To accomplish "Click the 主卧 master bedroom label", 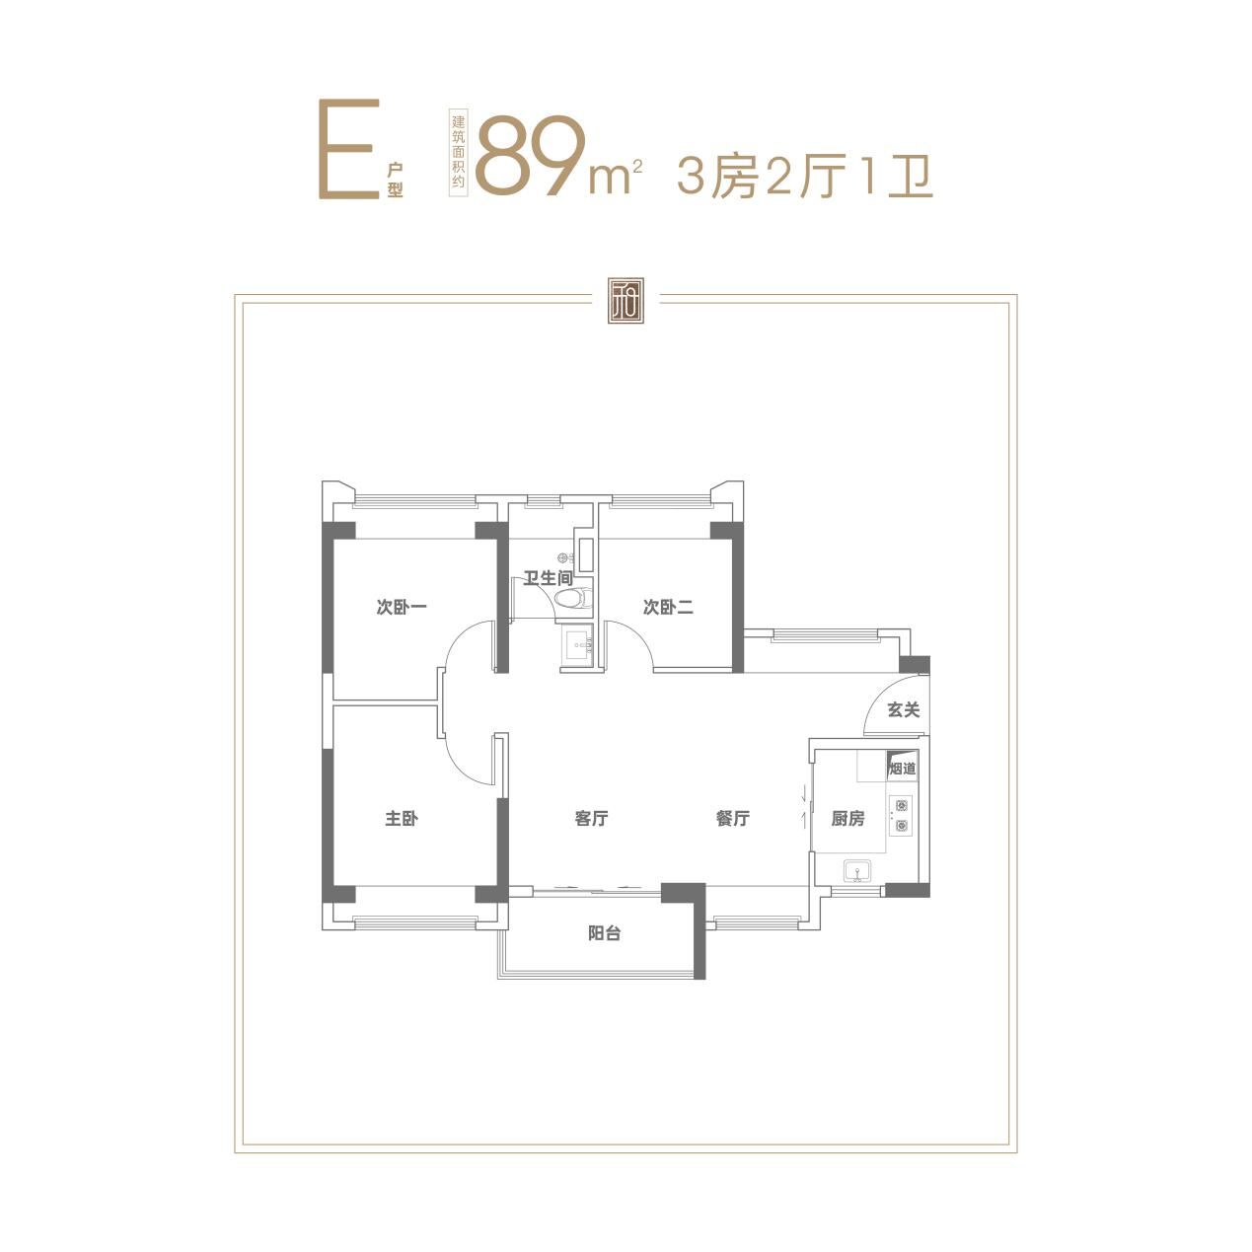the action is (402, 818).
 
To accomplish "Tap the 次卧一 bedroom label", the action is (402, 607).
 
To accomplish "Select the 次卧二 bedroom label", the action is (668, 607).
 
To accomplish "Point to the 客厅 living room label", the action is (591, 818).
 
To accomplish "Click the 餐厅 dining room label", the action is (733, 818).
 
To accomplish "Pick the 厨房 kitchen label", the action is (847, 818).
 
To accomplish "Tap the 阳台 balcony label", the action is (604, 933).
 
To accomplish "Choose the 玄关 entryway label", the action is (904, 710).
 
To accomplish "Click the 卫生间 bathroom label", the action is (549, 577).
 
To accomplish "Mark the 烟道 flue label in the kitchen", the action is (903, 769).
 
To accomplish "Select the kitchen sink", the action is (859, 870).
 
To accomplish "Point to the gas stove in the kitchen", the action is (901, 816).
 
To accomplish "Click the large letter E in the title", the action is (348, 149).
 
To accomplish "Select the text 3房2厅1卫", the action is (805, 176).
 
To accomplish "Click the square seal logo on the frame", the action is (626, 300).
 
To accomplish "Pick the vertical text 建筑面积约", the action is (459, 151).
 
